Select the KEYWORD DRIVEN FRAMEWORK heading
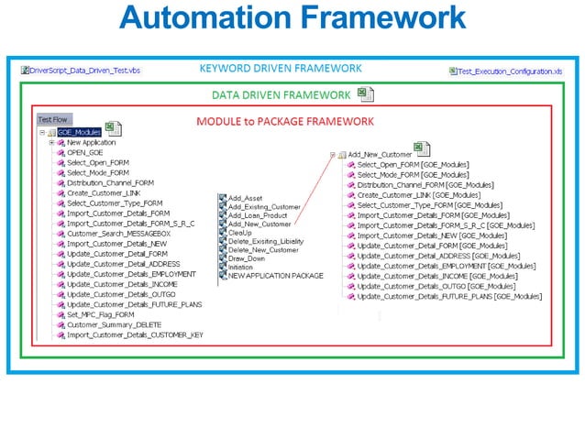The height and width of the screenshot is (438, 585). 281,69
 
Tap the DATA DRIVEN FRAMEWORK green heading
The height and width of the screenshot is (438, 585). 281,94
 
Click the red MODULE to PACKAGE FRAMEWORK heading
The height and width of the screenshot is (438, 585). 285,121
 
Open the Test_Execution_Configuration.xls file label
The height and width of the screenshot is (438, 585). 511,71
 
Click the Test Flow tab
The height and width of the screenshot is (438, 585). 51,119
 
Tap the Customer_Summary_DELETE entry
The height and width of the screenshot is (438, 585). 110,323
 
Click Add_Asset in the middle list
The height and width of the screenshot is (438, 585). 246,198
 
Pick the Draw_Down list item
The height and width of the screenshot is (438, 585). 248,258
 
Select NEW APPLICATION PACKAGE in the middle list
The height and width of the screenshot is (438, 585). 275,276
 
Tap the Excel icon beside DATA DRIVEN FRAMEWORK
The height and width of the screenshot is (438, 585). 365,93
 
